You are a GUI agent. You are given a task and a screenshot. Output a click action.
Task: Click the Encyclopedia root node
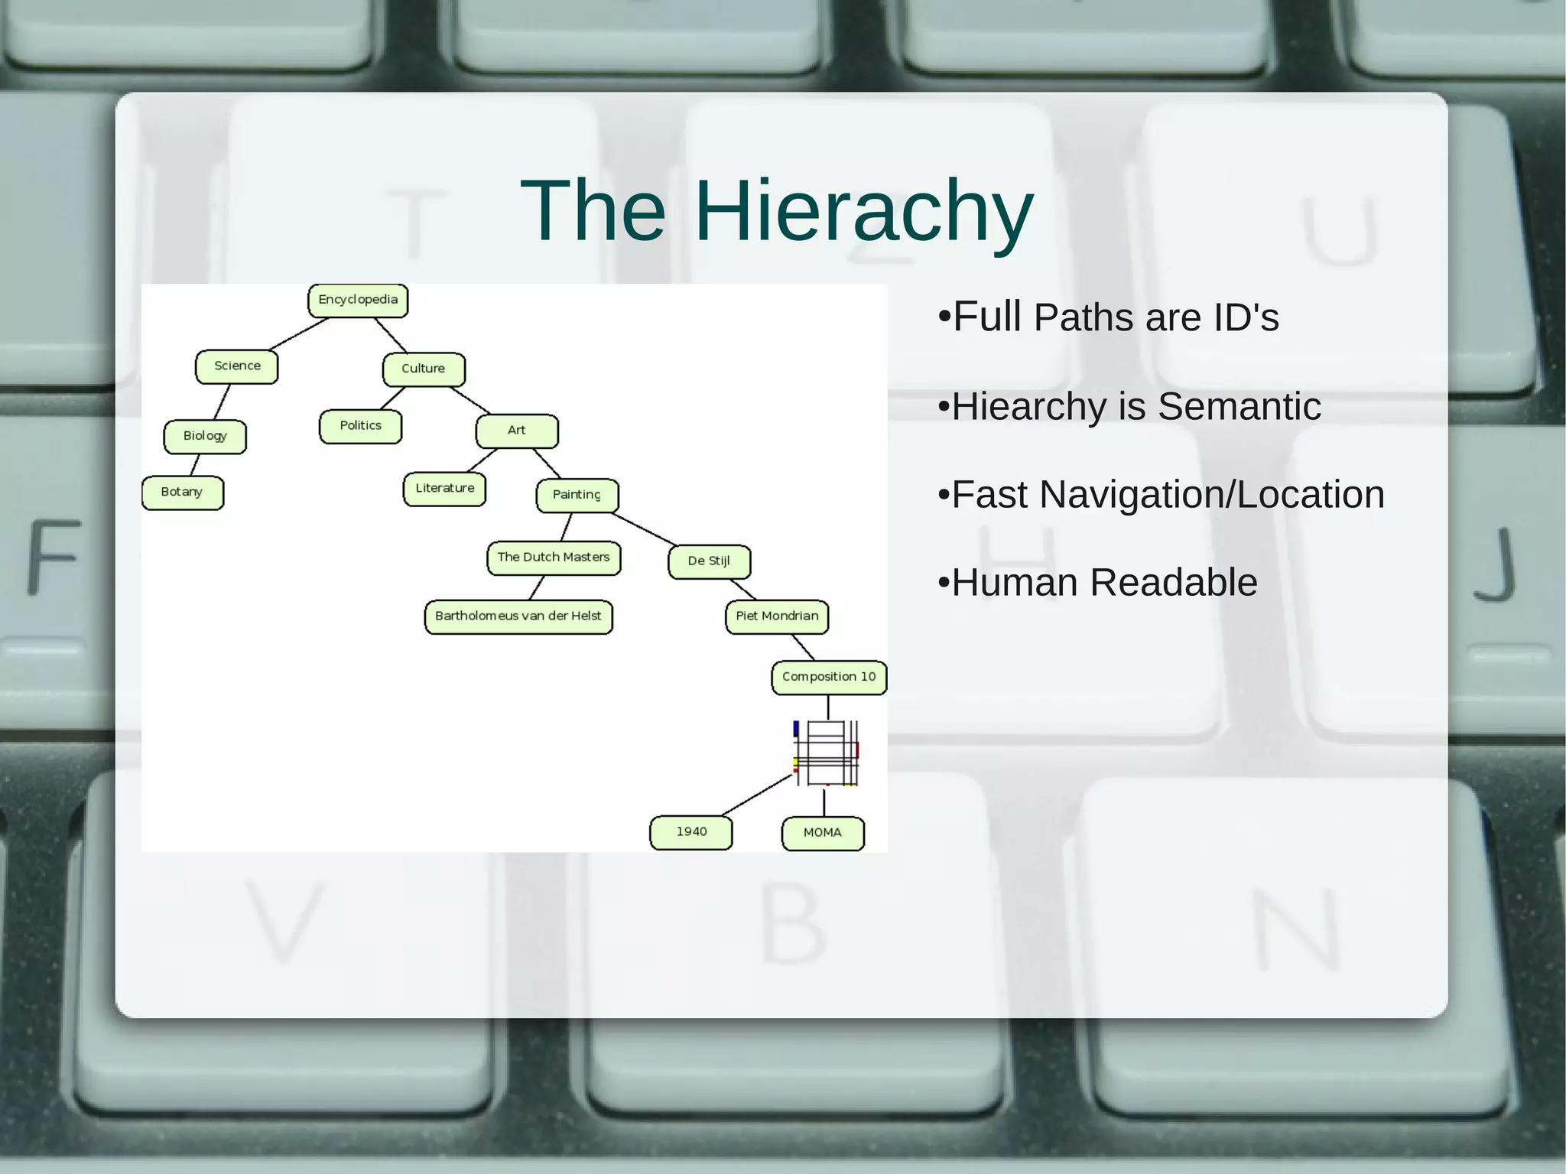coord(358,300)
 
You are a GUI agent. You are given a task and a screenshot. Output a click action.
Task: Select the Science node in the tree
coord(236,366)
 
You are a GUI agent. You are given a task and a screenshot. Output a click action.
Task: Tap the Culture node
coord(424,369)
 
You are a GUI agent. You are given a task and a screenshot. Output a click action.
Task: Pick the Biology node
coord(205,436)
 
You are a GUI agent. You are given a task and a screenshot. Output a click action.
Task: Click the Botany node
coord(183,493)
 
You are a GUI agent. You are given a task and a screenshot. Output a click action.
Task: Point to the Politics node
coord(360,426)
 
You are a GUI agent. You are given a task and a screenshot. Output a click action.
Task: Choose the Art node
coord(517,431)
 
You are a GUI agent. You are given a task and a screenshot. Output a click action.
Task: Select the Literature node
coord(444,489)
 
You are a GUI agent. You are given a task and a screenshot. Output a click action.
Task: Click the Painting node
coord(577,495)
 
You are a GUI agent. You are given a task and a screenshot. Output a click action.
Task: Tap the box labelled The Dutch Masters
coord(554,558)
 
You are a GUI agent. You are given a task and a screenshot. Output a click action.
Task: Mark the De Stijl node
coord(709,561)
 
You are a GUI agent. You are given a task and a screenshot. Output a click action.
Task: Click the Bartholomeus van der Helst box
coord(518,616)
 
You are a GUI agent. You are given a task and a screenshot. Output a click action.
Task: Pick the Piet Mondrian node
coord(777,616)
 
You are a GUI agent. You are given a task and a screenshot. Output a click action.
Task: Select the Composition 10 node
coord(829,677)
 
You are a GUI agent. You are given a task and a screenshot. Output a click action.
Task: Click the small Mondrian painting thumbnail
coord(827,753)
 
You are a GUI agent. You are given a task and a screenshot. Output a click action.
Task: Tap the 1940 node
coord(691,832)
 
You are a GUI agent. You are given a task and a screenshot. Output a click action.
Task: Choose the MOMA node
coord(823,833)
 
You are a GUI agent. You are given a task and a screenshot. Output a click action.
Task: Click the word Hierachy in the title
coord(863,210)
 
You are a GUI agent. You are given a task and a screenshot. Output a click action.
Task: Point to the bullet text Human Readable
coord(1104,583)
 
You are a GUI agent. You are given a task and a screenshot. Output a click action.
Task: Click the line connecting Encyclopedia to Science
coord(299,333)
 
